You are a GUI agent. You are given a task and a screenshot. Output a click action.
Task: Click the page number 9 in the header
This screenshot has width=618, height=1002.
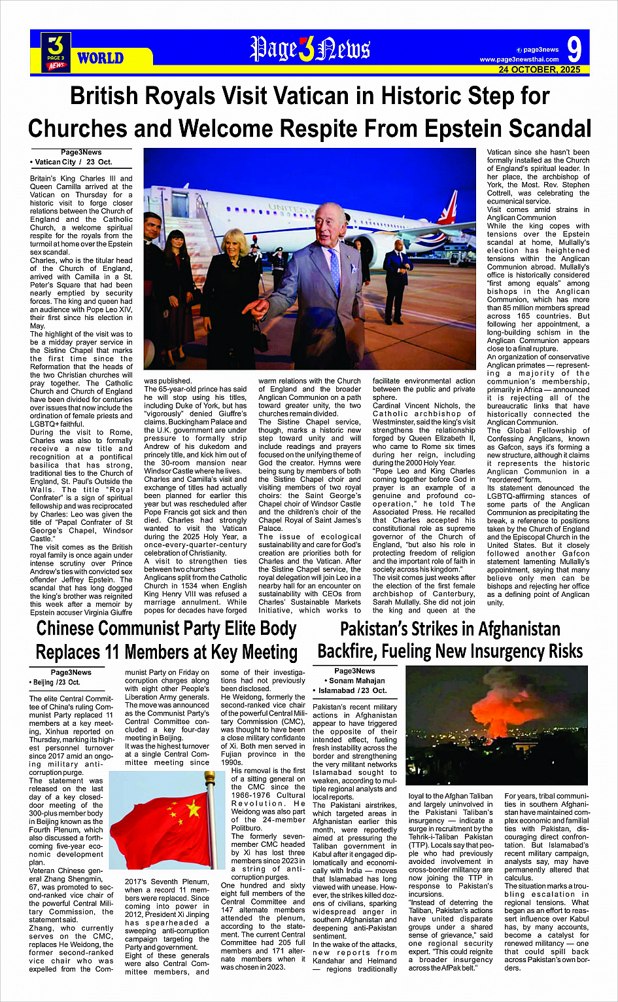tap(574, 49)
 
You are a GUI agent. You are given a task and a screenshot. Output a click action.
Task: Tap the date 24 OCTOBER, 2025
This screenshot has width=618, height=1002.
tap(539, 69)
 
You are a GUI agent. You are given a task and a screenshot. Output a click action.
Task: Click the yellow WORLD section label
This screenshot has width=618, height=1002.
tap(100, 58)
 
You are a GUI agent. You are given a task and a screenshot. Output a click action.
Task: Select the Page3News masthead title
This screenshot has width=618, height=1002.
tap(310, 49)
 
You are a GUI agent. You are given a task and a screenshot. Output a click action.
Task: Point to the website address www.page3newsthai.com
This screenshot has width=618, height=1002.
tap(519, 60)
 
